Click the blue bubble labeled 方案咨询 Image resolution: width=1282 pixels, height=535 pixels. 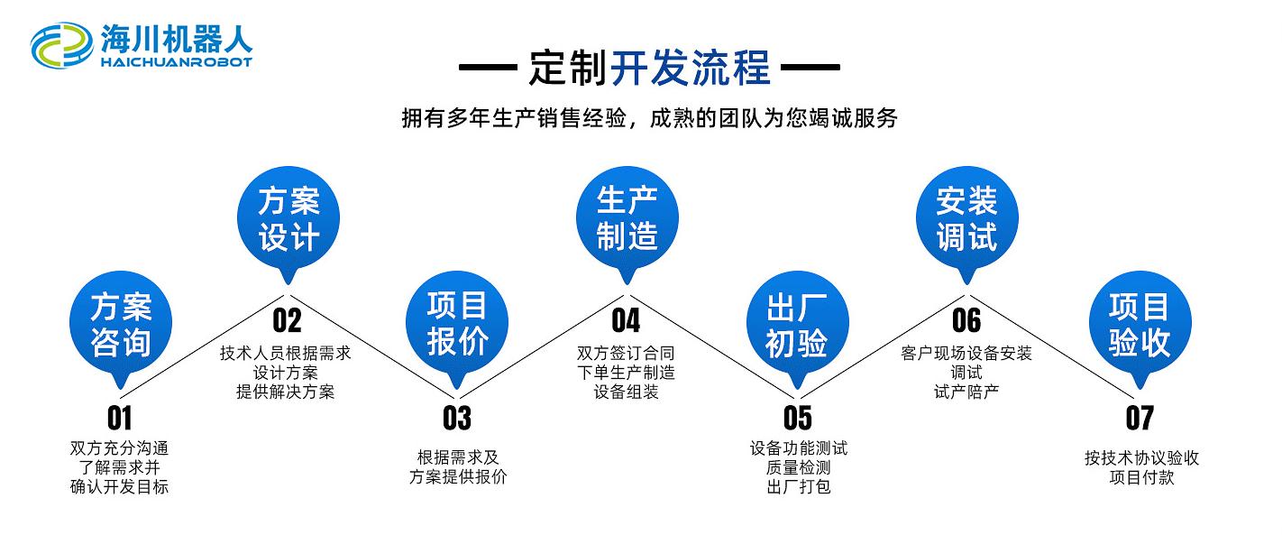pyautogui.click(x=120, y=326)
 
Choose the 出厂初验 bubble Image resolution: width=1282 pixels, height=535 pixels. pyautogui.click(x=797, y=326)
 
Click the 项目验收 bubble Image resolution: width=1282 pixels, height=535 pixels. pyautogui.click(x=1140, y=325)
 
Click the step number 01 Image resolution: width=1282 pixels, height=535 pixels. pyautogui.click(x=119, y=418)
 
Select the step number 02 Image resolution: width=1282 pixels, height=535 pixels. pyautogui.click(x=287, y=320)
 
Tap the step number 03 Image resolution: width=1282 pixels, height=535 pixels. pyautogui.click(x=457, y=418)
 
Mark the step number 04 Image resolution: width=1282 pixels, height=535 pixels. pyautogui.click(x=626, y=320)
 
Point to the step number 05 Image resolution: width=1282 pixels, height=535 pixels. pyautogui.click(x=797, y=418)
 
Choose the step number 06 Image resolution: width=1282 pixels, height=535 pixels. pyautogui.click(x=966, y=320)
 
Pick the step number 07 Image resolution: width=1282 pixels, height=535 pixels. pyautogui.click(x=1140, y=418)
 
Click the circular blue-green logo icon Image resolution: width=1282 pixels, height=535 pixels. pyautogui.click(x=61, y=45)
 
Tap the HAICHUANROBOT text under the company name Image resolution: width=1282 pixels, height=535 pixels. pyautogui.click(x=177, y=62)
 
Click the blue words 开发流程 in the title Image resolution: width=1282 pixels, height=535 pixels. pyautogui.click(x=691, y=67)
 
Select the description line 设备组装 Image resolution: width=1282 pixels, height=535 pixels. pyautogui.click(x=626, y=392)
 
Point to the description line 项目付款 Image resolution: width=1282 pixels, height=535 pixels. pyautogui.click(x=1141, y=477)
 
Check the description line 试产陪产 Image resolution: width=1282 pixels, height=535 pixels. pyautogui.click(x=966, y=392)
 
